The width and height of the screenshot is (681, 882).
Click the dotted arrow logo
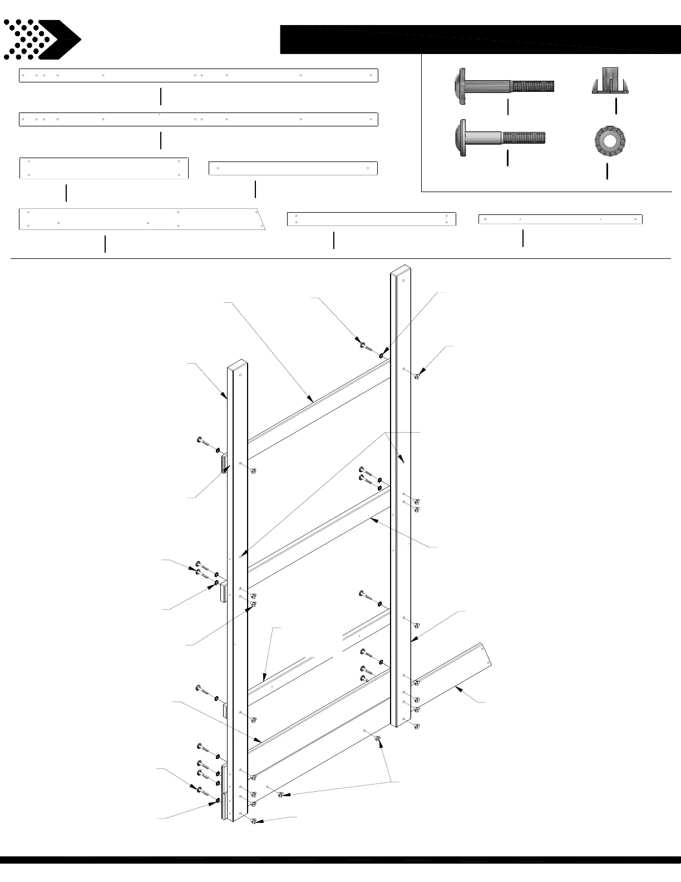click(42, 40)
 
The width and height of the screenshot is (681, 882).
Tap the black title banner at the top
click(478, 39)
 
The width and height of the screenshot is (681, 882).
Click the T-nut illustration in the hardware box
click(609, 81)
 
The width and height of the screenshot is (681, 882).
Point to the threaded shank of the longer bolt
click(532, 86)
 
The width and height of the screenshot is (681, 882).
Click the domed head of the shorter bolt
click(460, 138)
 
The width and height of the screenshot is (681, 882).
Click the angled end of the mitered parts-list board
click(260, 219)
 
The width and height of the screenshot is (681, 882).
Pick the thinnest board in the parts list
click(560, 219)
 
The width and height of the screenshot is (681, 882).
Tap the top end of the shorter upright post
click(238, 365)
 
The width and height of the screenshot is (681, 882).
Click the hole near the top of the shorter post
click(240, 375)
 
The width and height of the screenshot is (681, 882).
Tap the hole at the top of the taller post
click(403, 281)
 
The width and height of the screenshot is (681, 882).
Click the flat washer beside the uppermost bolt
click(382, 355)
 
